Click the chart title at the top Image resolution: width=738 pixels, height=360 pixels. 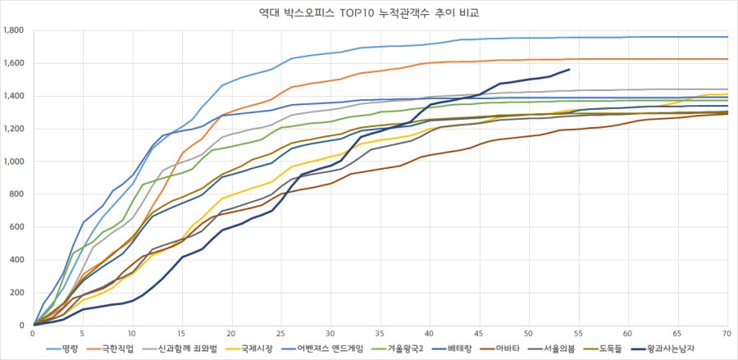(x=369, y=13)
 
